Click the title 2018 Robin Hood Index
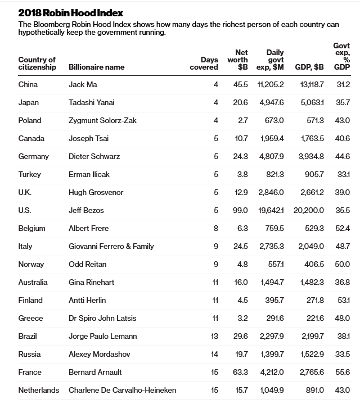coord(71,12)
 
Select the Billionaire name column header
coord(96,67)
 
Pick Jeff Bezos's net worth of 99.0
coord(241,210)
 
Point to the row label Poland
coord(30,120)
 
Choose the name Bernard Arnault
coord(95,372)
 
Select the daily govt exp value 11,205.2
coord(271,84)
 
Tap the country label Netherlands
coord(38,390)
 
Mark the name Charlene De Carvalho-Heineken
coord(122,390)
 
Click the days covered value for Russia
coord(214,354)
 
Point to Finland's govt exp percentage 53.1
coord(343,300)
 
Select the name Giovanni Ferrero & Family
coord(111,246)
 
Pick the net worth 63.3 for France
coord(241,372)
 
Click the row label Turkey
coord(29,174)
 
